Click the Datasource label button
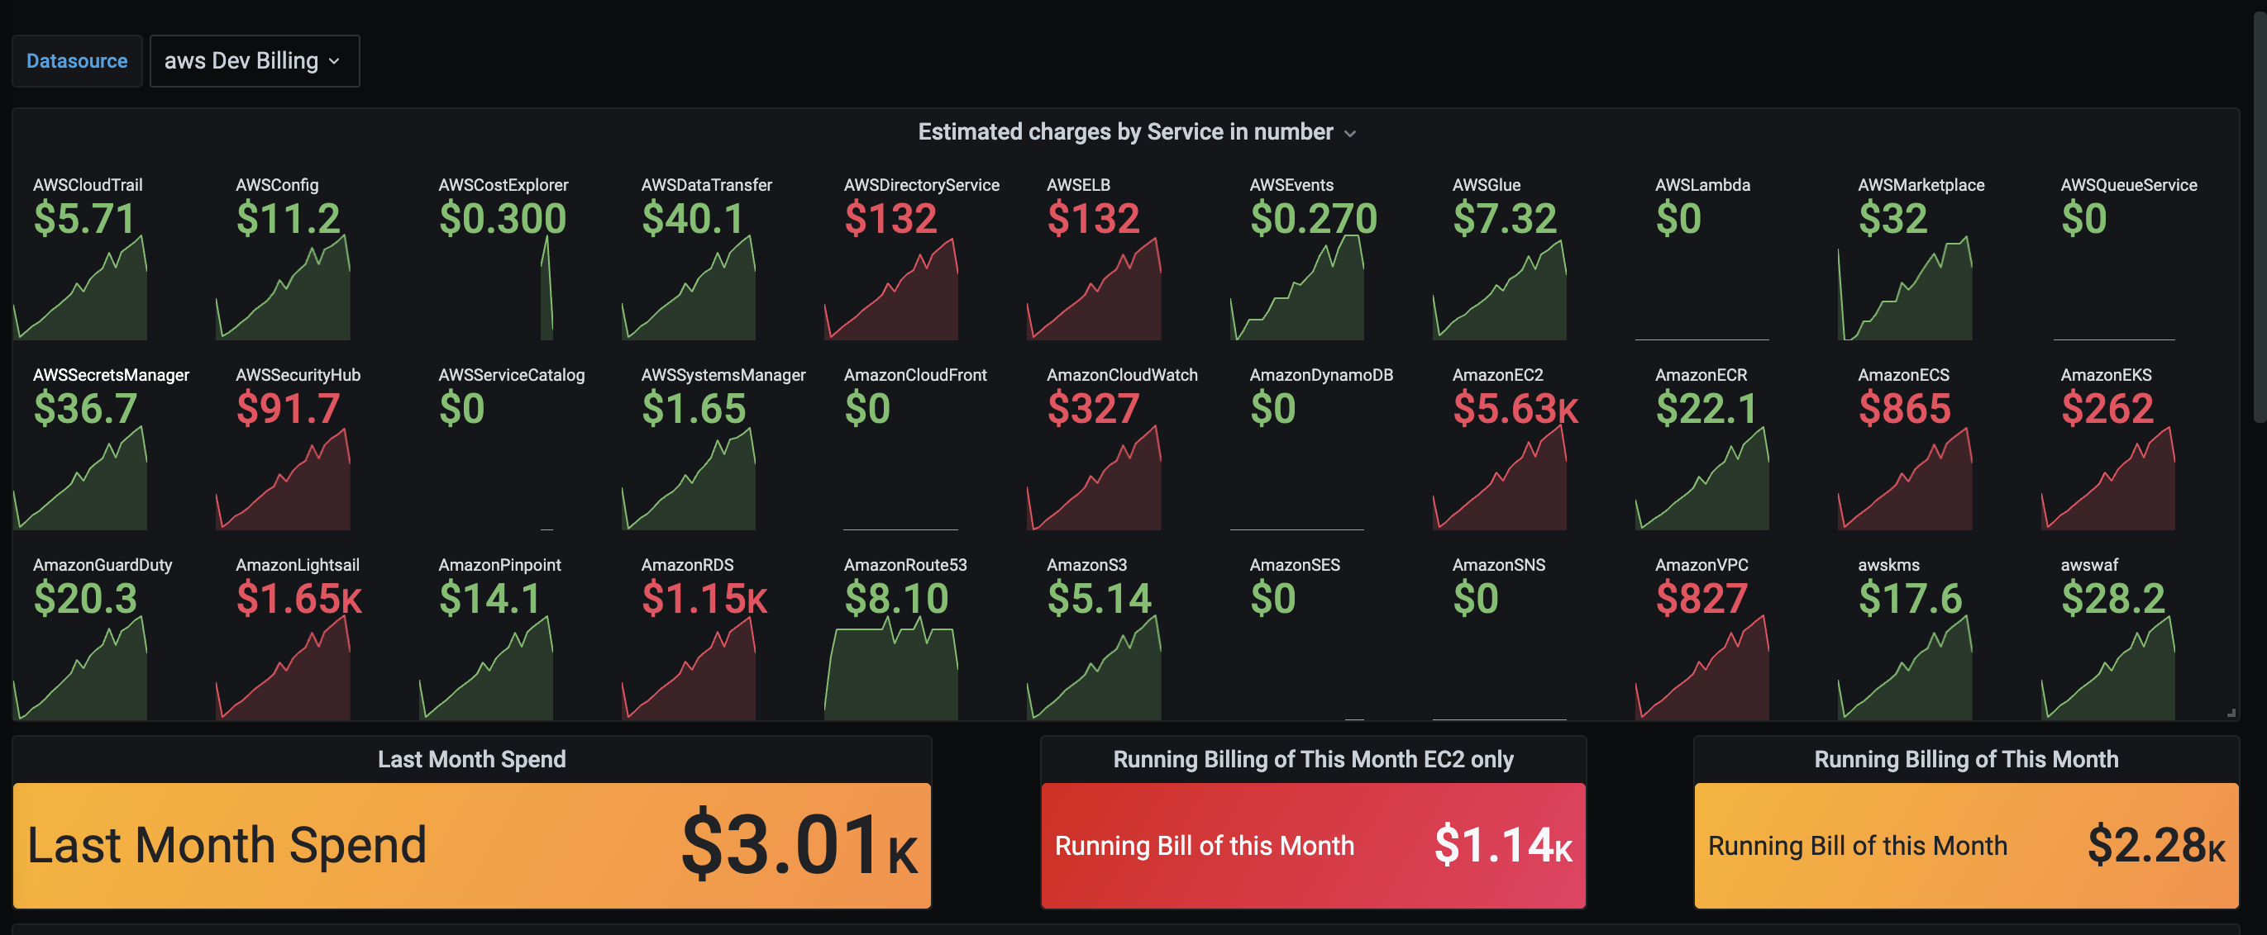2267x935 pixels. [77, 60]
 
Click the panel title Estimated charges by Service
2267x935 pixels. [1125, 132]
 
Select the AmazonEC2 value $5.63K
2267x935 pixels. [1515, 409]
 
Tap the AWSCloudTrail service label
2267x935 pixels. [87, 185]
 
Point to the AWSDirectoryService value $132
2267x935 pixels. [890, 219]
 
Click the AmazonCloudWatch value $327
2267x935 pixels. [1093, 409]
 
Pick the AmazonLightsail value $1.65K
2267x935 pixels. [298, 599]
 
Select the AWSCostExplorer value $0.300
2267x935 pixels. [502, 219]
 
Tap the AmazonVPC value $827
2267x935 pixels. [1701, 599]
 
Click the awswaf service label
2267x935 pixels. [2089, 565]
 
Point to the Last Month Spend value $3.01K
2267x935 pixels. [798, 845]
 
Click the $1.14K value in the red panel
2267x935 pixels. [1502, 845]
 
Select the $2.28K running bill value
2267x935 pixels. [2155, 845]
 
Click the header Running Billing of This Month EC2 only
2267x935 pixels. [1312, 759]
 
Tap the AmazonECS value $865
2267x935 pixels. [1904, 409]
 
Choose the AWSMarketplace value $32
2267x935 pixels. [1892, 219]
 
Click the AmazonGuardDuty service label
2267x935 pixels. [102, 565]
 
